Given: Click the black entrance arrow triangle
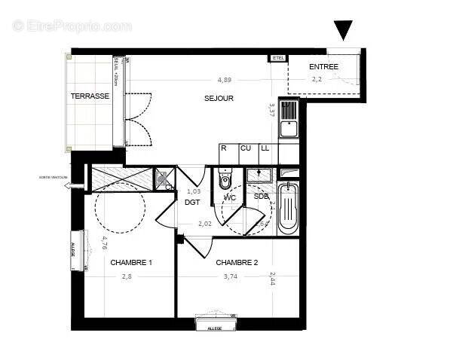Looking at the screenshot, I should click(343, 30).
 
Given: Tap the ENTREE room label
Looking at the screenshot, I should click(324, 67).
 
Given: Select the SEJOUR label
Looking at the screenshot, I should click(219, 99).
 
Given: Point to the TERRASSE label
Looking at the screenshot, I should click(90, 96).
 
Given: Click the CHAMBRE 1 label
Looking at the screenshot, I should click(131, 263).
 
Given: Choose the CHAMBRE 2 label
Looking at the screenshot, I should click(237, 263).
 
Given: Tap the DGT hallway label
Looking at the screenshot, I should click(194, 202).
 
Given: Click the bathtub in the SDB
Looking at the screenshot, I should click(288, 208).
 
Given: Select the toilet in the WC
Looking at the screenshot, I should click(225, 180).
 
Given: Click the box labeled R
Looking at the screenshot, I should click(224, 149).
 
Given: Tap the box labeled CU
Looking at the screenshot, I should click(245, 149).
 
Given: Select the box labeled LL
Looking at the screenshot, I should click(265, 149).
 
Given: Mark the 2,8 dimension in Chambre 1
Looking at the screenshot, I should click(127, 277).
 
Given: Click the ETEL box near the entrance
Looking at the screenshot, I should click(277, 57).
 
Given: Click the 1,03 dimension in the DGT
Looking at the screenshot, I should click(194, 191).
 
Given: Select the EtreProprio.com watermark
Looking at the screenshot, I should click(72, 26).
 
